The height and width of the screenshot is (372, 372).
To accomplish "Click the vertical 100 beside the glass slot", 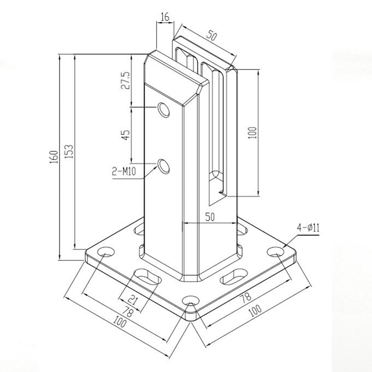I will click(x=252, y=132).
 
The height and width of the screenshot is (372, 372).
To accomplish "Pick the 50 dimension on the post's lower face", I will click(x=210, y=216).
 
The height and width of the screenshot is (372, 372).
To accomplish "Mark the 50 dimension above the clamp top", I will click(x=212, y=36).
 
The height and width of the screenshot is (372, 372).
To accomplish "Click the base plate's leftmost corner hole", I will click(x=105, y=253).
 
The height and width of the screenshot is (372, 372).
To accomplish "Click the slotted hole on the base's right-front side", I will click(x=235, y=276).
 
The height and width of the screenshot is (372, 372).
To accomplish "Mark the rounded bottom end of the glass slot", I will click(x=217, y=176).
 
